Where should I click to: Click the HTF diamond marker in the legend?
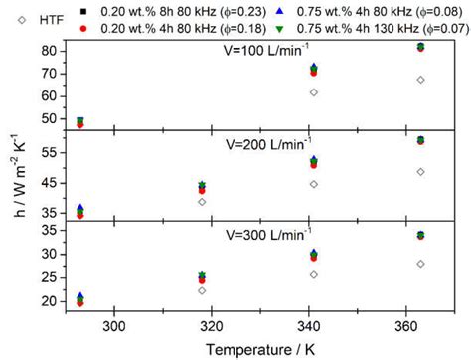pos(16,20)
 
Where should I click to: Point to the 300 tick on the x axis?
pos(114,324)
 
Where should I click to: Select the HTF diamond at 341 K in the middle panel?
pos(314,184)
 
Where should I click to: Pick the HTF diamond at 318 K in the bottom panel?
pos(202,290)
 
